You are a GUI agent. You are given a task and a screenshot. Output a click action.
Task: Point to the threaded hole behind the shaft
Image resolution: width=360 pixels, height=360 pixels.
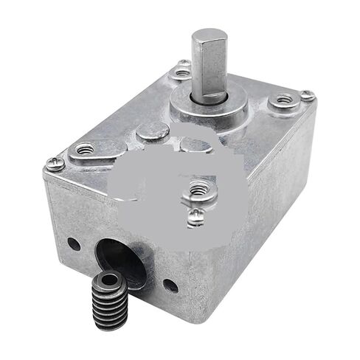click(x=182, y=72)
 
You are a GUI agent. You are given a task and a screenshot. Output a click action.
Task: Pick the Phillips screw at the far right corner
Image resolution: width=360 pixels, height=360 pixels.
click(x=307, y=96)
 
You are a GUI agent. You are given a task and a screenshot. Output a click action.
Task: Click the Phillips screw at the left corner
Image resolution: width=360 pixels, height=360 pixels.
click(x=53, y=164)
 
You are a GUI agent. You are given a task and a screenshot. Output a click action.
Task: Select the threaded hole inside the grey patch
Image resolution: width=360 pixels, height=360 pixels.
click(x=197, y=189)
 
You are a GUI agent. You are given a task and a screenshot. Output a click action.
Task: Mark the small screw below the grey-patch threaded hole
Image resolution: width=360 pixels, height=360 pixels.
click(x=194, y=215)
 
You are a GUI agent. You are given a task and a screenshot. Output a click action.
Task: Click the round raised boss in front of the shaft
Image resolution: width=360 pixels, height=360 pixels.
click(x=153, y=131)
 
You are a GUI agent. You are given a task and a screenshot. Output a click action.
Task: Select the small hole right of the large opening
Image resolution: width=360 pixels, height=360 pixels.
click(x=170, y=285)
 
